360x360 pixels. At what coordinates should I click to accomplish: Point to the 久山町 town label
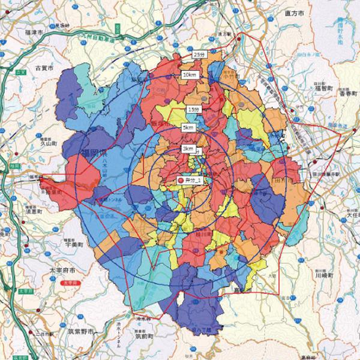pyautogui.click(x=48, y=145)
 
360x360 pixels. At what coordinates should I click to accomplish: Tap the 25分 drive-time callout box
pyautogui.click(x=200, y=54)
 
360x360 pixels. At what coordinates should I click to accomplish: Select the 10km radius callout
pyautogui.click(x=189, y=74)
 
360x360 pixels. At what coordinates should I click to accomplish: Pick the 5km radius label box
pyautogui.click(x=188, y=128)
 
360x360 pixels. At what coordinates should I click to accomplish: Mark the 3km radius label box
pyautogui.click(x=188, y=148)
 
